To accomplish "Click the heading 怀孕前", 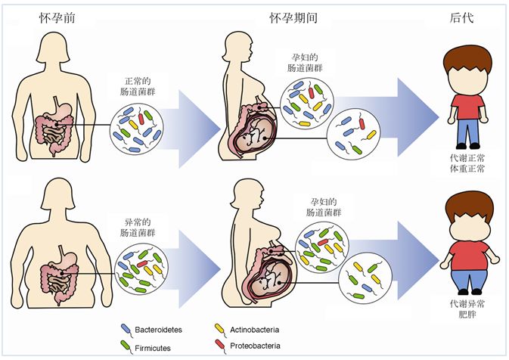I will coord(57,17).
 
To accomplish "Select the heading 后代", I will coord(462,17).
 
